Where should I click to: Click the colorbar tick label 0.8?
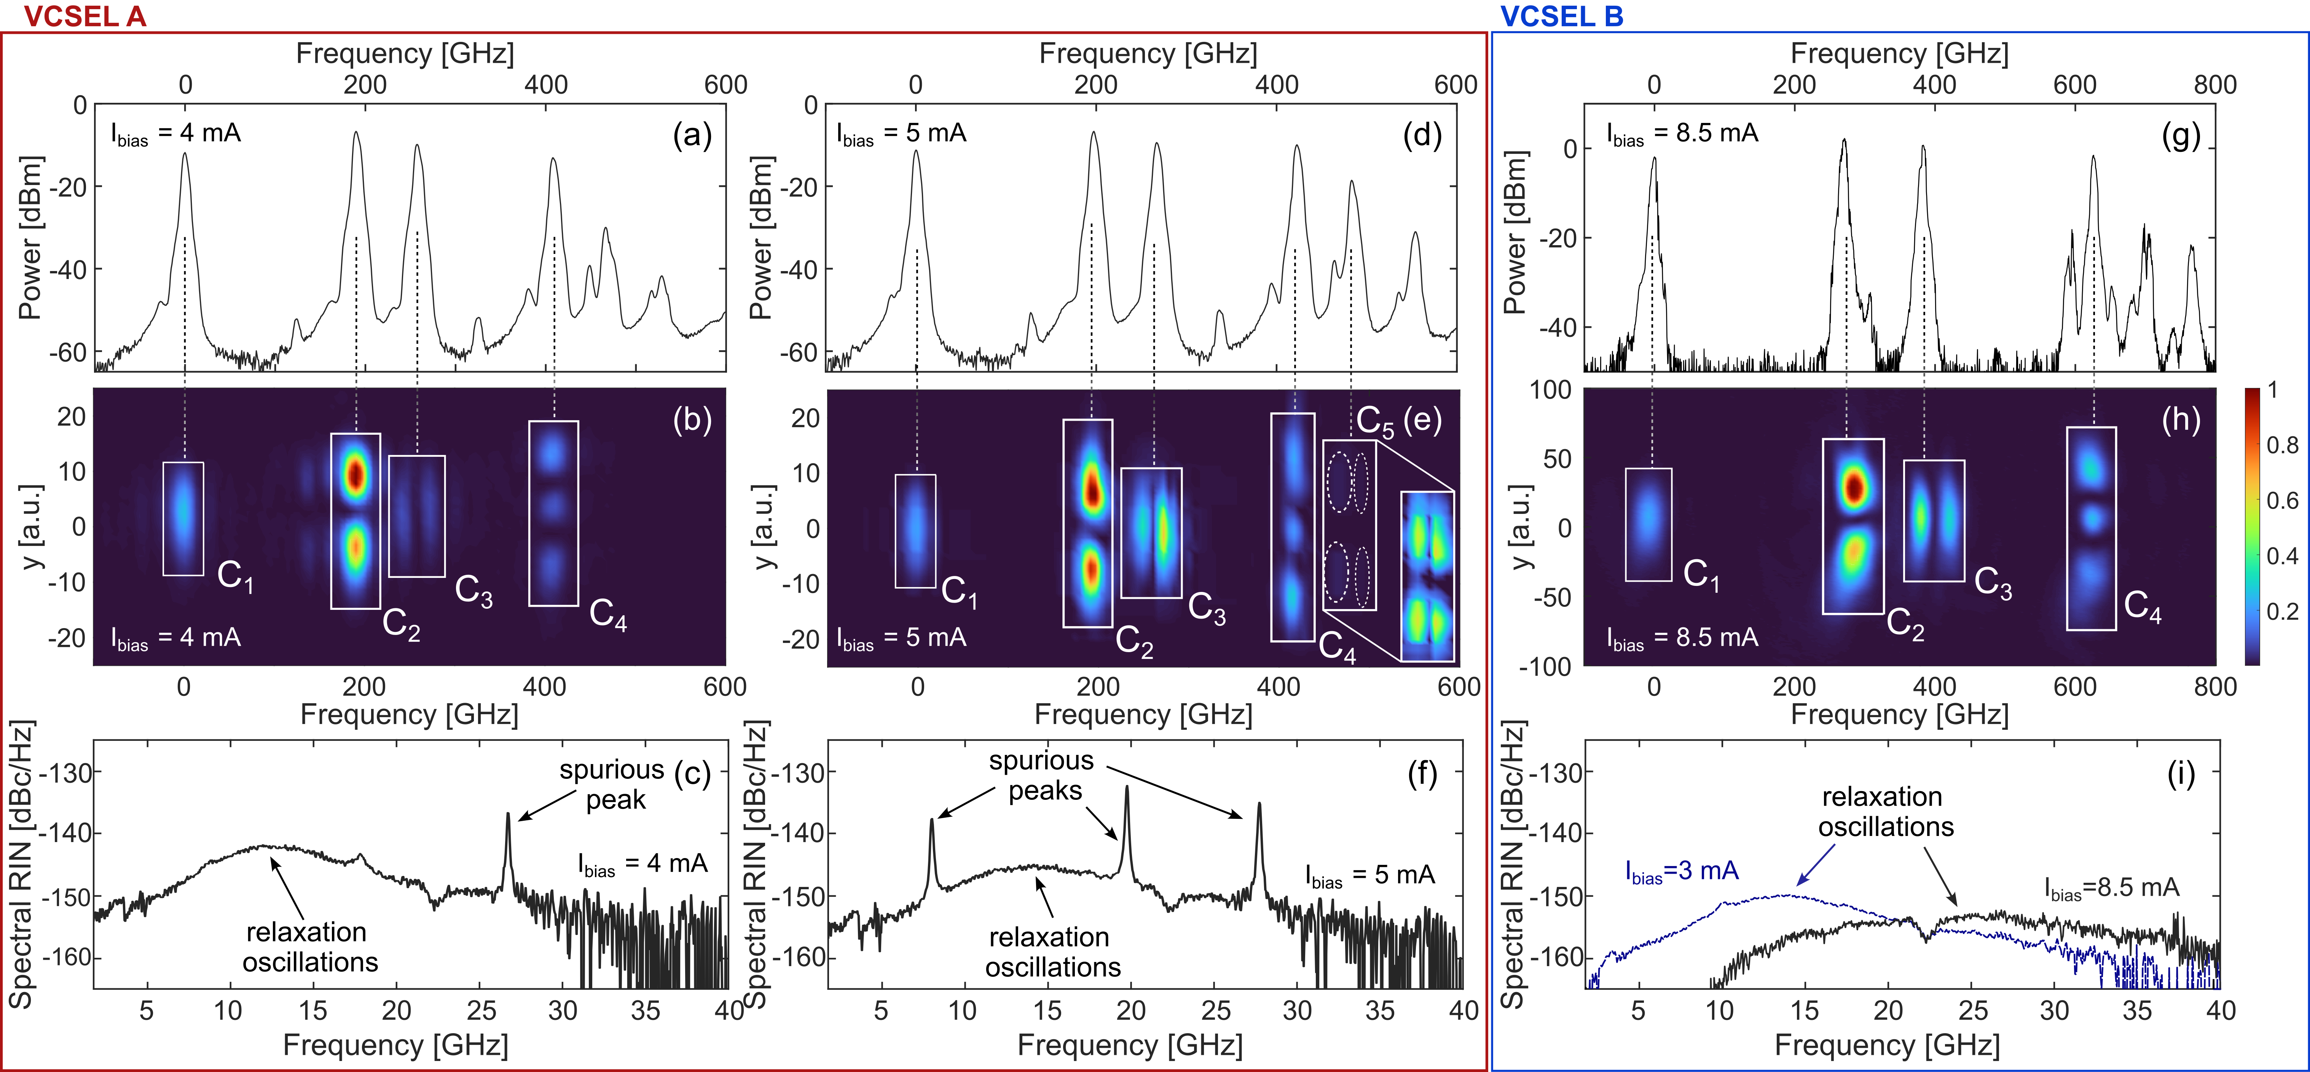[2282, 445]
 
